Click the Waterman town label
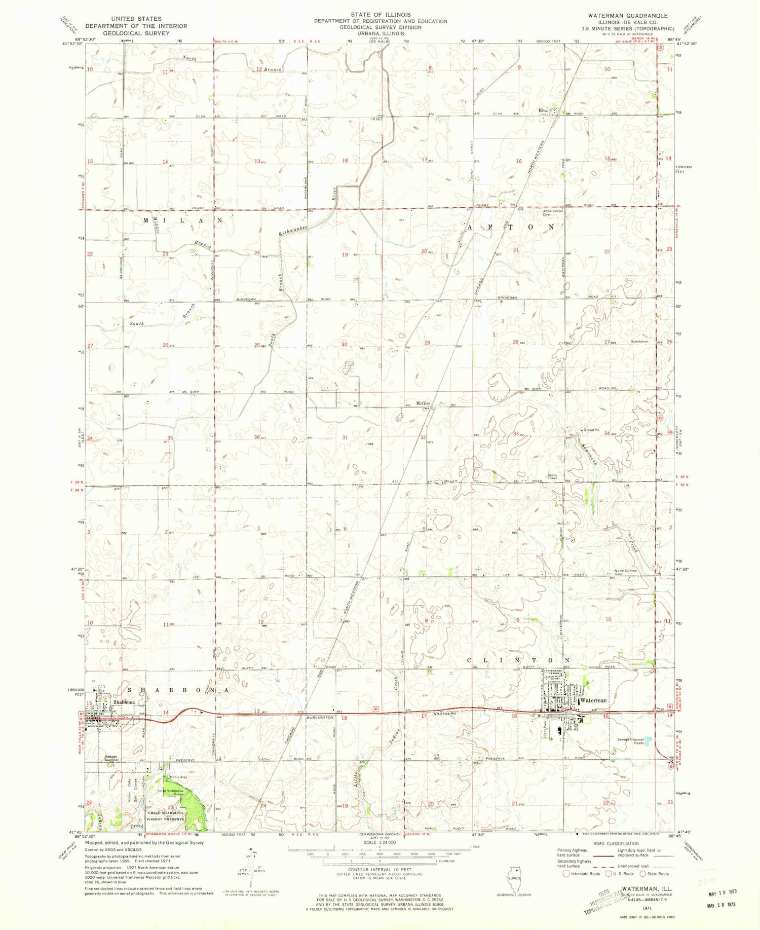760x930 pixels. pos(593,700)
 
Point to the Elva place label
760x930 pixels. pos(543,110)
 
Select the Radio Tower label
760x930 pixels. pos(552,476)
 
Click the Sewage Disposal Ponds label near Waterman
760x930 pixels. pos(631,741)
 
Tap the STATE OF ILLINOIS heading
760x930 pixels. pos(379,15)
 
